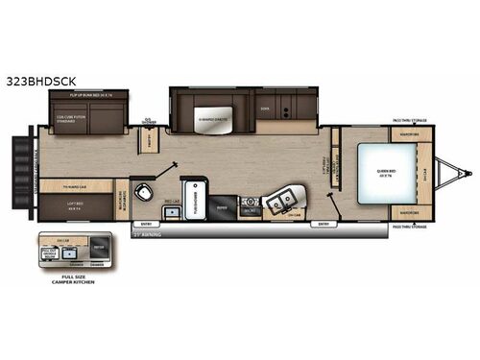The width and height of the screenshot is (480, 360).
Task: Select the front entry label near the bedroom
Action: pos(323,224)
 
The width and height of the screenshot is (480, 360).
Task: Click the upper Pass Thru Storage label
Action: pos(409,120)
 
